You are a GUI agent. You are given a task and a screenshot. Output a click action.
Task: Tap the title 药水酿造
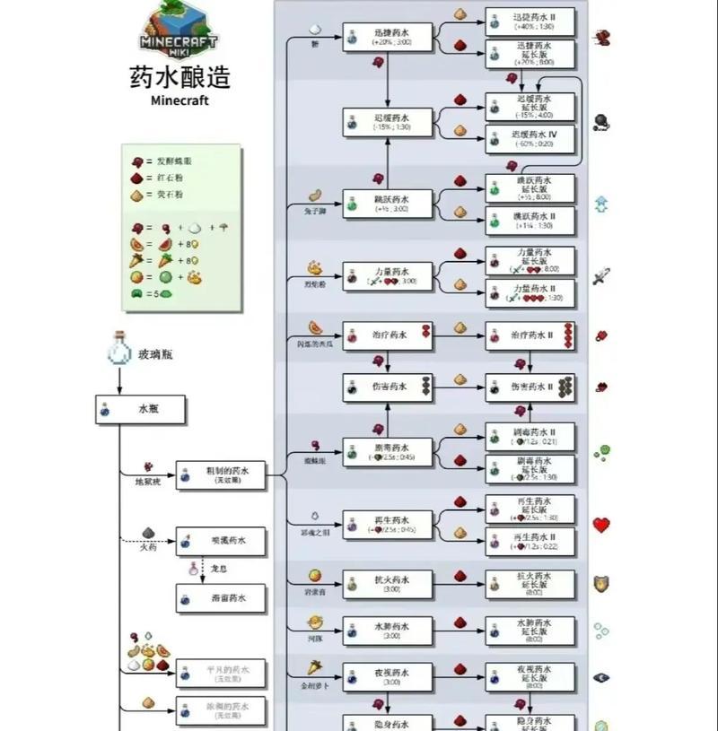pyautogui.click(x=179, y=76)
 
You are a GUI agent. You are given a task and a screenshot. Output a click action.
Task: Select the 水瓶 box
pyautogui.click(x=141, y=409)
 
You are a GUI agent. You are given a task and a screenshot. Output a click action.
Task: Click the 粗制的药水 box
pyautogui.click(x=221, y=475)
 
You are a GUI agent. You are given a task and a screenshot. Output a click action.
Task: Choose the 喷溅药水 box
pyautogui.click(x=221, y=541)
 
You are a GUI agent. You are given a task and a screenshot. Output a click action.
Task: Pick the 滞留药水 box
pyautogui.click(x=221, y=597)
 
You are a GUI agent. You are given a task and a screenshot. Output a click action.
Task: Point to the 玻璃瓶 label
pyautogui.click(x=155, y=354)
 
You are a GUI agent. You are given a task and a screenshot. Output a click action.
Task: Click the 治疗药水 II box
pyautogui.click(x=530, y=335)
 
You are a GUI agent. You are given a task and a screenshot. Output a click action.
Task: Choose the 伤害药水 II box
pyautogui.click(x=530, y=387)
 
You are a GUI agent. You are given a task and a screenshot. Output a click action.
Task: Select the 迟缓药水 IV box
pyautogui.click(x=530, y=138)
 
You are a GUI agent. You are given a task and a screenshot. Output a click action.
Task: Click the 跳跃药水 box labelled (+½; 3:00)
pyautogui.click(x=388, y=203)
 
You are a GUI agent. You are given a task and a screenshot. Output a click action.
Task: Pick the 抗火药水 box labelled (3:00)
pyautogui.click(x=388, y=584)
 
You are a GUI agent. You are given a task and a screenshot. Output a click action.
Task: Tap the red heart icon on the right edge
pyautogui.click(x=601, y=525)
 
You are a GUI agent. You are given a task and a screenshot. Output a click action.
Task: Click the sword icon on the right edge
pyautogui.click(x=601, y=276)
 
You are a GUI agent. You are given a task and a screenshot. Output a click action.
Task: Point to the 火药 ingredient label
pyautogui.click(x=147, y=547)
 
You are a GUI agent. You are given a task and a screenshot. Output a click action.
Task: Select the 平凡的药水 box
pyautogui.click(x=221, y=674)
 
